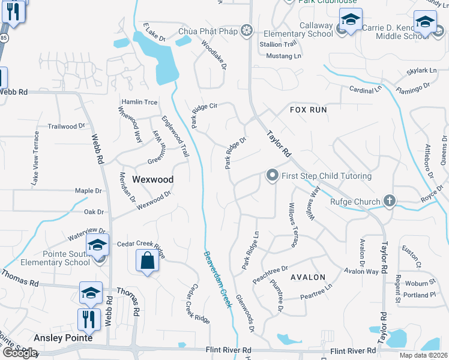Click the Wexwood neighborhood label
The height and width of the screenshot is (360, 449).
(152, 179)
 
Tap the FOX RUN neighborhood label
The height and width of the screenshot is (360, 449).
(309, 110)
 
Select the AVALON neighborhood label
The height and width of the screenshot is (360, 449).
(308, 277)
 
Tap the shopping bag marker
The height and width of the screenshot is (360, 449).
(148, 262)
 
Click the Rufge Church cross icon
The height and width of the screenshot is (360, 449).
(390, 202)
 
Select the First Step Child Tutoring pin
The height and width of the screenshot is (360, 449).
(273, 176)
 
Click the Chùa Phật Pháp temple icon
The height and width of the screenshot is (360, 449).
(246, 31)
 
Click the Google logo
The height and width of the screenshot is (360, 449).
(19, 353)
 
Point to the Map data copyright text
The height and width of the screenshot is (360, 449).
(423, 355)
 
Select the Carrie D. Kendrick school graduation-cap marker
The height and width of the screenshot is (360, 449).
(426, 22)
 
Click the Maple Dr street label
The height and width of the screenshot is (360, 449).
(88, 191)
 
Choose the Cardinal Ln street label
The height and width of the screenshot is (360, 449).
(366, 89)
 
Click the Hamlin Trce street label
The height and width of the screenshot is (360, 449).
(139, 102)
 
